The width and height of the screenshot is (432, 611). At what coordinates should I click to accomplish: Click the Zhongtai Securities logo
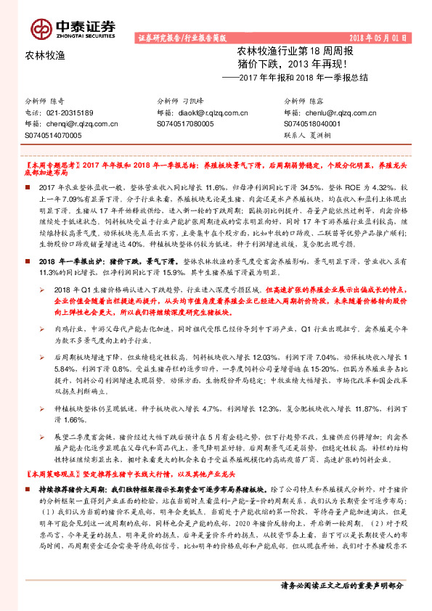(x=73, y=28)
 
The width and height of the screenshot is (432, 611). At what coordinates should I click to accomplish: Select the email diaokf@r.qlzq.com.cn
(x=208, y=112)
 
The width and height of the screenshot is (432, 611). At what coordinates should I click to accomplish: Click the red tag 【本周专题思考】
(x=49, y=166)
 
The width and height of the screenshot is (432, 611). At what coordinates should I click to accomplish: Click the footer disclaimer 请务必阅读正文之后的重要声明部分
(x=341, y=586)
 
